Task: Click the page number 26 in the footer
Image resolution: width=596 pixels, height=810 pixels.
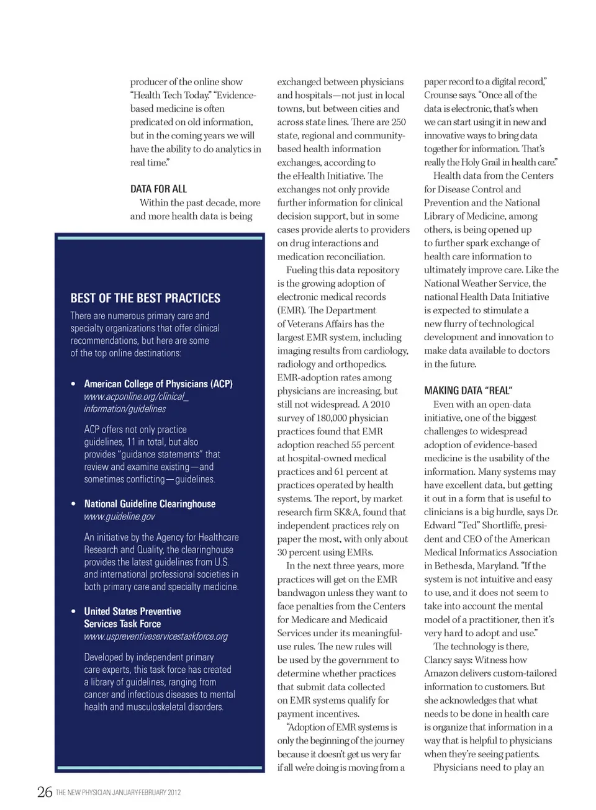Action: coord(45,791)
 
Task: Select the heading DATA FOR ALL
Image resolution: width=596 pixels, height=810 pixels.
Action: coord(158,189)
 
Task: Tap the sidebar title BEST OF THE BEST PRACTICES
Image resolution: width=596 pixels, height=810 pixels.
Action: coord(145,298)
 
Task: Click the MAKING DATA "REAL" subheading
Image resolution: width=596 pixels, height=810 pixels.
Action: coord(468,390)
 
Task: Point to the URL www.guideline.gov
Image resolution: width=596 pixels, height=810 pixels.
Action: coord(120,516)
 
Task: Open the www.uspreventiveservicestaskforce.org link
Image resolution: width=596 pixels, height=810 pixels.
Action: coord(156,636)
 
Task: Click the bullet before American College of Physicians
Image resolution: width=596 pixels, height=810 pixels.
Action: coord(73,384)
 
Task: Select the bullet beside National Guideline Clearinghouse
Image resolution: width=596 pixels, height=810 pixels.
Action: coord(73,504)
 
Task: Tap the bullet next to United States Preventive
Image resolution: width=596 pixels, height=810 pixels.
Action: coord(73,611)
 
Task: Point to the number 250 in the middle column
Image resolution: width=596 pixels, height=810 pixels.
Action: coord(399,122)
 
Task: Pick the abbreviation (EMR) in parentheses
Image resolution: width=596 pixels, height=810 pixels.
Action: coord(291,310)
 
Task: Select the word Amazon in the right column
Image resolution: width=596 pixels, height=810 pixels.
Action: coord(441,673)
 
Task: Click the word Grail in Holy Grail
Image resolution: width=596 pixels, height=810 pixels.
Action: coord(496,162)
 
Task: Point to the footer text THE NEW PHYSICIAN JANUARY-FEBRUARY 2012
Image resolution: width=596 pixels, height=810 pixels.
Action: coord(119,793)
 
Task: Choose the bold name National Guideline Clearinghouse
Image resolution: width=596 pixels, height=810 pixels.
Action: coord(150,504)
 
